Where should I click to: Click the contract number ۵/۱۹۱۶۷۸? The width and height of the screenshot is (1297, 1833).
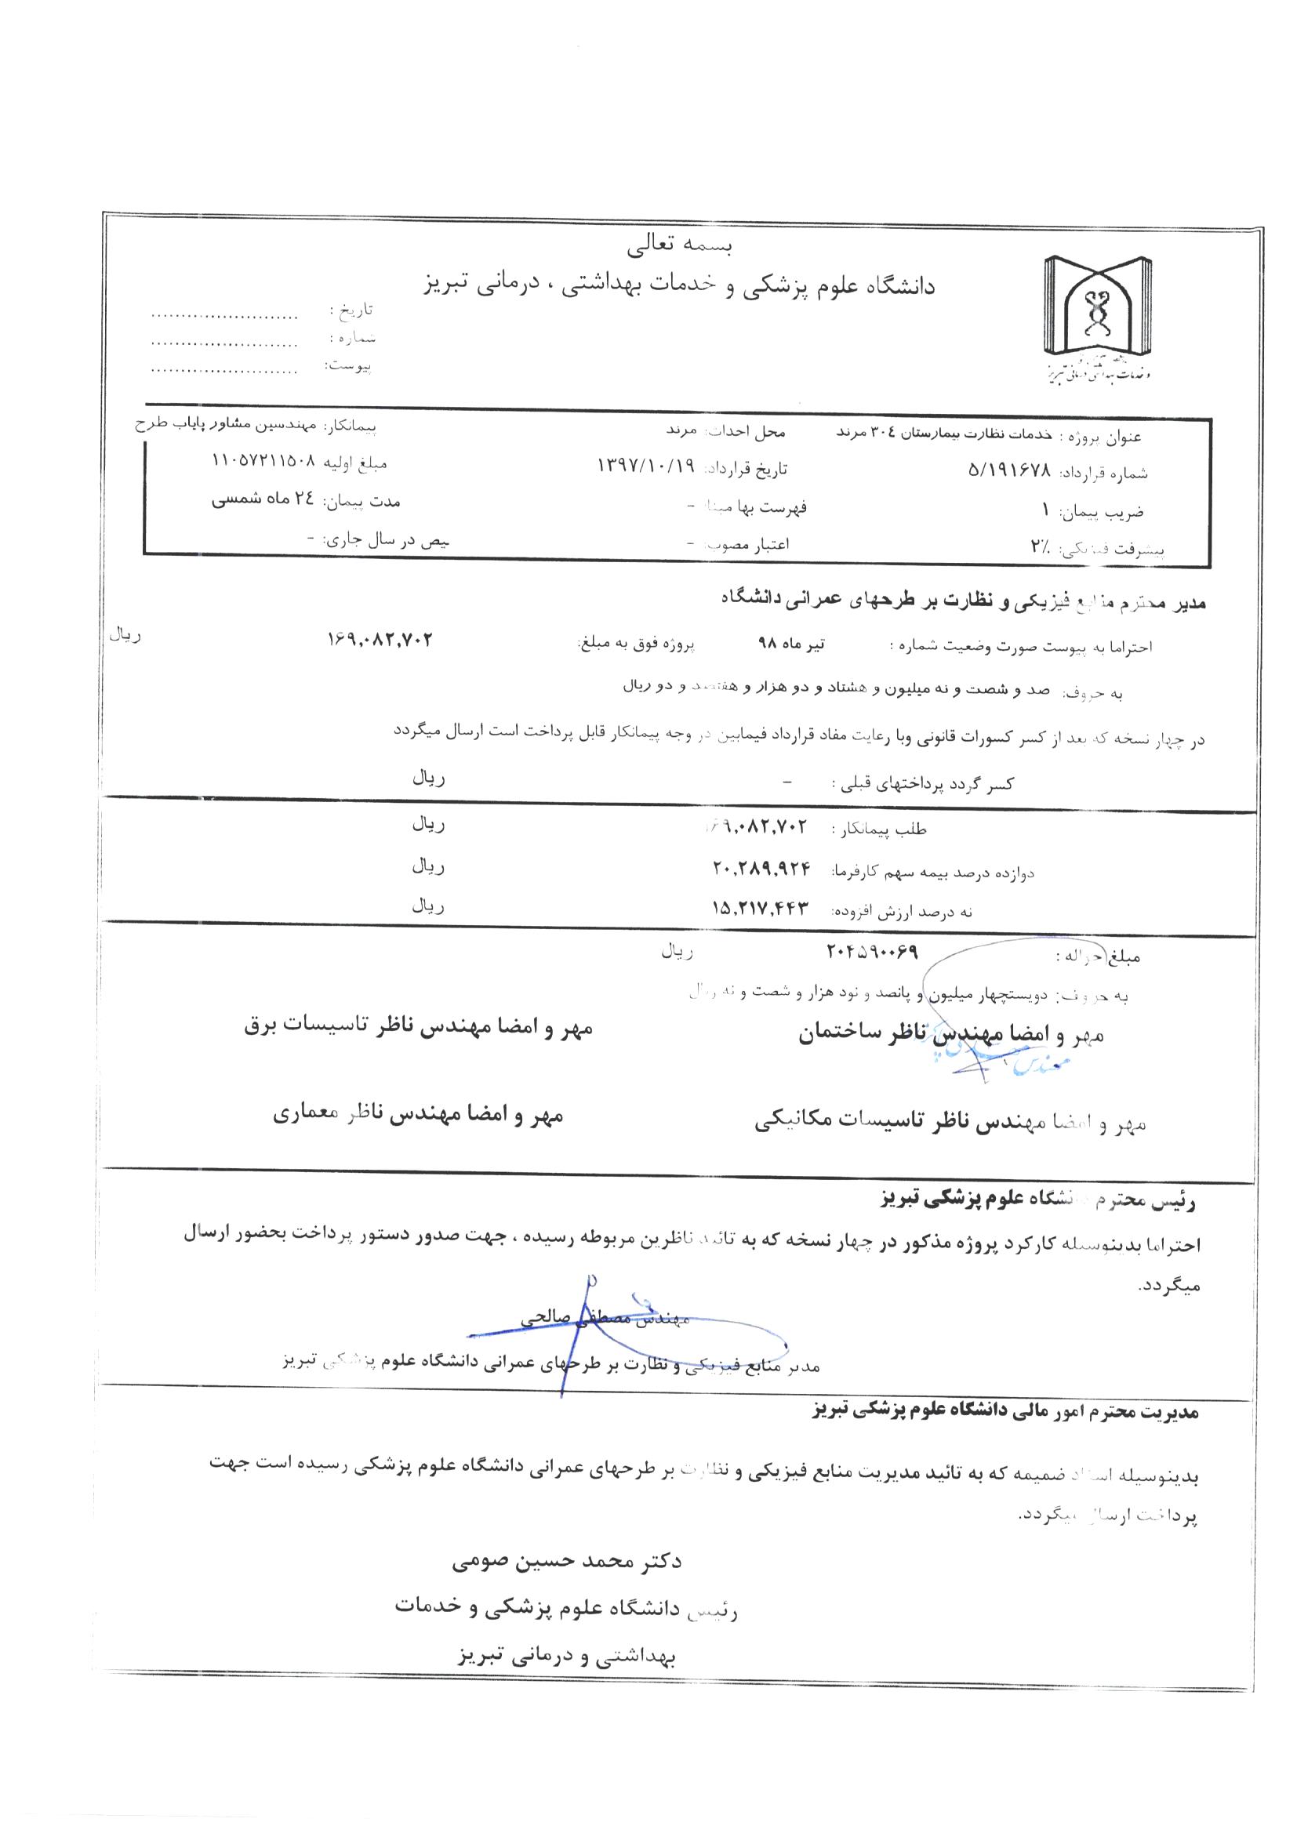pos(1010,472)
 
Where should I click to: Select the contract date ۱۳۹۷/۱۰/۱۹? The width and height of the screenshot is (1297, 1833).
pos(647,466)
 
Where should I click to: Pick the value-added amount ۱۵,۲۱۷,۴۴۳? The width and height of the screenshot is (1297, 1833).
pos(761,908)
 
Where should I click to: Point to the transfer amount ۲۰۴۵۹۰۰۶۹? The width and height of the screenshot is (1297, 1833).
pos(871,953)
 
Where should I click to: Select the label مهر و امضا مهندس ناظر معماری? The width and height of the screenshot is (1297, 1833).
pos(418,1116)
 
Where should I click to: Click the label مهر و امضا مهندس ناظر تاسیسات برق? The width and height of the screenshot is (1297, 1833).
pos(418,1028)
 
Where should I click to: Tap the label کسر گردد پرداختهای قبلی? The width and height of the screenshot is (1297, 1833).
pos(923,784)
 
